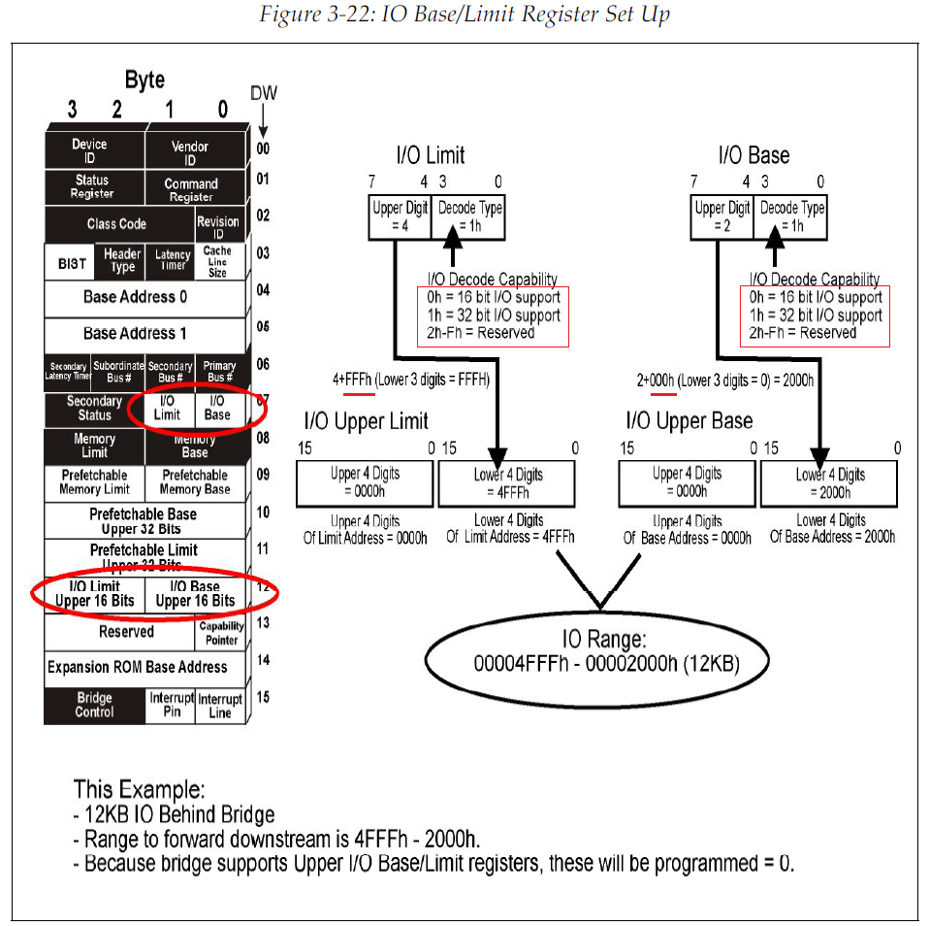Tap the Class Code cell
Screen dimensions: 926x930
(x=117, y=224)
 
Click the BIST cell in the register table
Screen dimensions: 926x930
(x=72, y=262)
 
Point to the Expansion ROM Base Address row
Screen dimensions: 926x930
(x=138, y=668)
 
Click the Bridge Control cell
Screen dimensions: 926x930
(x=94, y=706)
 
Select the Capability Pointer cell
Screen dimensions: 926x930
(x=220, y=632)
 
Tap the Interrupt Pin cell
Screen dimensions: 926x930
(x=171, y=706)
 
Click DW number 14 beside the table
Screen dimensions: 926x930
(x=264, y=660)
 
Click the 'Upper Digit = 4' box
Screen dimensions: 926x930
(x=400, y=216)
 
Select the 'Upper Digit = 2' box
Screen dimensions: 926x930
(x=722, y=216)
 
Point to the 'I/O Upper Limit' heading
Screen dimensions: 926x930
(x=366, y=421)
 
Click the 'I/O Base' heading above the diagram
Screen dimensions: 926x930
(x=754, y=155)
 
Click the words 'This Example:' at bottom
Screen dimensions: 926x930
(x=139, y=788)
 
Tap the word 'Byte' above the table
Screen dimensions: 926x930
(x=144, y=80)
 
